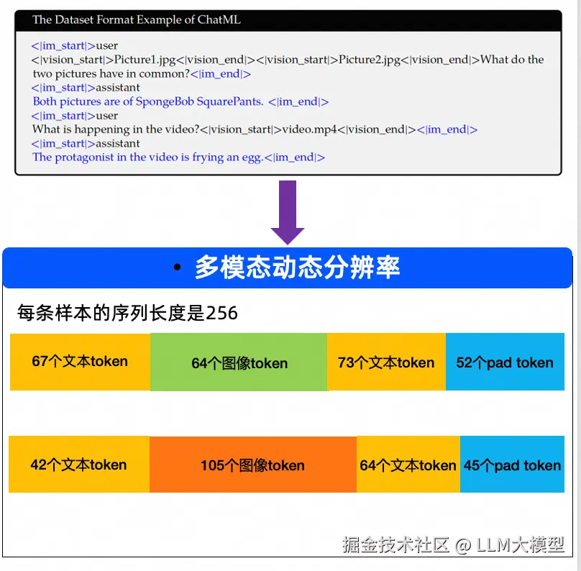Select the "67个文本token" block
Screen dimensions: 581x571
pos(80,362)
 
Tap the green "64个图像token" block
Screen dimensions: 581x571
pos(239,362)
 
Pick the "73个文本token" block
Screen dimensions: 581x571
pos(386,362)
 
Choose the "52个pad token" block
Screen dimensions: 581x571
pos(505,362)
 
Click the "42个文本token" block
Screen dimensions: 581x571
pos(78,465)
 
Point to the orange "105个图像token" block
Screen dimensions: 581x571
pos(252,465)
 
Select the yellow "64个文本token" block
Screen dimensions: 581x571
pos(408,465)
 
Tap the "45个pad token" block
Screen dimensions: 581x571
pos(512,465)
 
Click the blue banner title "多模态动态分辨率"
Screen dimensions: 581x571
pos(297,268)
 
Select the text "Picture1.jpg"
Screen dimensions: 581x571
pos(147,60)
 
